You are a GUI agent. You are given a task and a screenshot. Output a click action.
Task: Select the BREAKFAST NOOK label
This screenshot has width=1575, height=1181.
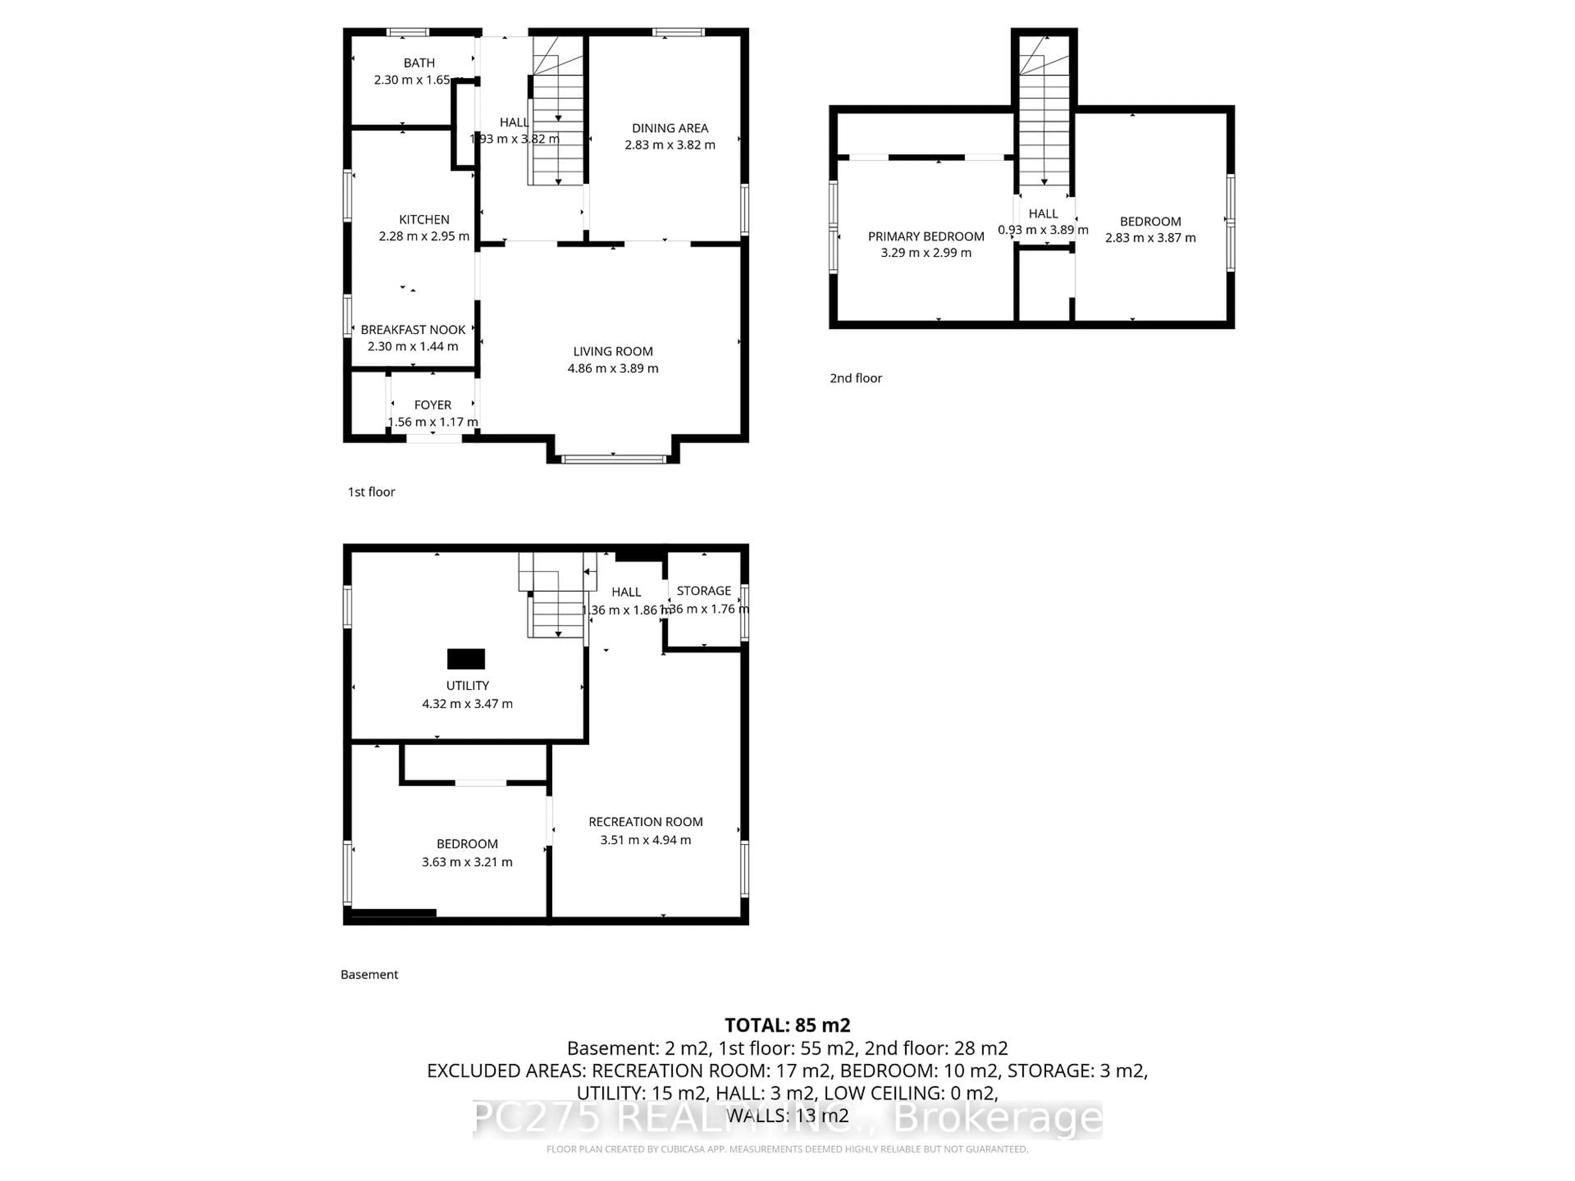tap(413, 330)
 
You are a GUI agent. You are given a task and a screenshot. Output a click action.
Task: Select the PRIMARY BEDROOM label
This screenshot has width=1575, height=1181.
tap(926, 236)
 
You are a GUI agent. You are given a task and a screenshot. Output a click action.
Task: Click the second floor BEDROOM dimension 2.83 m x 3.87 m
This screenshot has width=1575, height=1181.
tap(1150, 238)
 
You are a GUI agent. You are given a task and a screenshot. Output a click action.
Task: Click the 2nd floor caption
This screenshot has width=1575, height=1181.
tap(855, 378)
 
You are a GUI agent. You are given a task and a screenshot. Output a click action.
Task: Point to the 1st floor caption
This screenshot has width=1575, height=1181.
tap(371, 492)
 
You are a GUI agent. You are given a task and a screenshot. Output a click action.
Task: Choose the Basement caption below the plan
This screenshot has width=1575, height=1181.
tap(369, 975)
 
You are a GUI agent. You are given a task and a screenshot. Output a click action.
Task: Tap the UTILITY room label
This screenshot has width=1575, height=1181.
tap(467, 686)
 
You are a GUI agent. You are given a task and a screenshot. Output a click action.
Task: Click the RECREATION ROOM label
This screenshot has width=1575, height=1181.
tap(645, 821)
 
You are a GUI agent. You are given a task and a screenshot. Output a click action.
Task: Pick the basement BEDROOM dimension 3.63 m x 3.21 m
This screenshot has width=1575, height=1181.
tap(467, 862)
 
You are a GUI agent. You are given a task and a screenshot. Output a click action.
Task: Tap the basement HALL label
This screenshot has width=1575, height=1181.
tap(626, 592)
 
